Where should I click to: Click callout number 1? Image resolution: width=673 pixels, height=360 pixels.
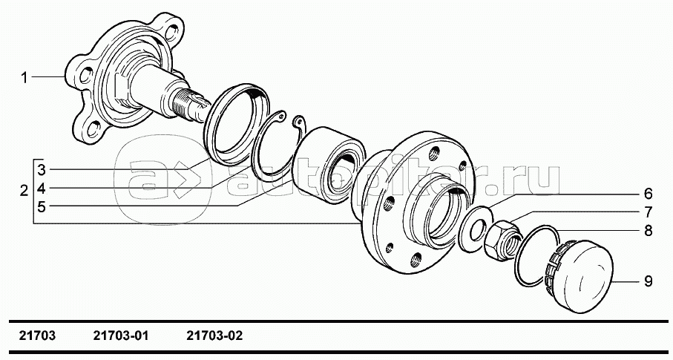click(24, 78)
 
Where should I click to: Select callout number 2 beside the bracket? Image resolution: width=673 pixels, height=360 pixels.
click(24, 190)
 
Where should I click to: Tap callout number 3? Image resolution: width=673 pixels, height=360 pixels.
click(42, 170)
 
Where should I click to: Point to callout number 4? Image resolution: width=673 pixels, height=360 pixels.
click(42, 188)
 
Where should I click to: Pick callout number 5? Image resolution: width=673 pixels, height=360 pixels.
click(42, 207)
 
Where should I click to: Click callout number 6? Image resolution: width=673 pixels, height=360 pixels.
click(648, 194)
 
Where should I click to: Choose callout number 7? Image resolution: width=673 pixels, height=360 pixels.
click(648, 212)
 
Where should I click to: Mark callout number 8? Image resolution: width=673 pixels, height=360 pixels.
click(648, 231)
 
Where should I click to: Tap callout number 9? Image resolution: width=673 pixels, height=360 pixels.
click(648, 281)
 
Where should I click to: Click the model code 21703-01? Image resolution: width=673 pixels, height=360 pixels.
click(121, 336)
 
